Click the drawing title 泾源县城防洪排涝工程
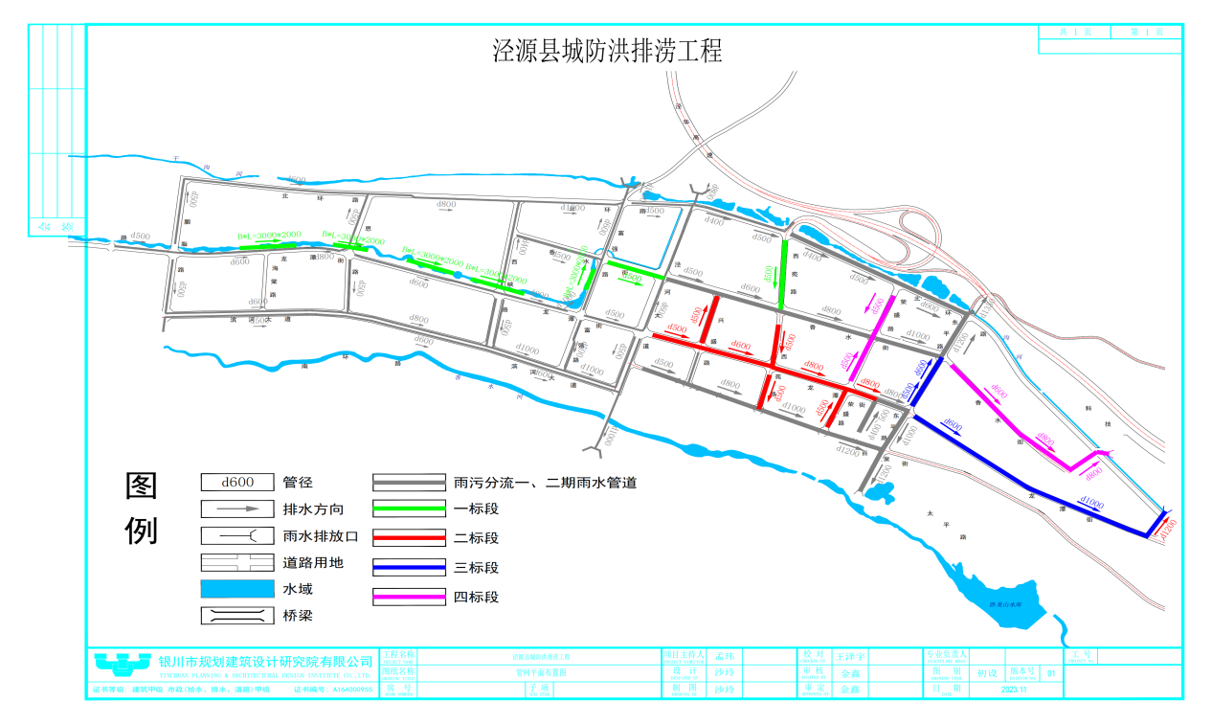pos(607,51)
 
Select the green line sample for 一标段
pos(409,508)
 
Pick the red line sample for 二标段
pos(409,538)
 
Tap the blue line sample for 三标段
pos(409,568)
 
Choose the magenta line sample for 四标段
pos(409,598)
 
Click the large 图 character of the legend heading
pos(142,487)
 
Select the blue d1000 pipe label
pos(1090,502)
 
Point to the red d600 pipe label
pos(740,345)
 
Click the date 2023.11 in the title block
pos(1013,689)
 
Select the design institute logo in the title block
pos(122,662)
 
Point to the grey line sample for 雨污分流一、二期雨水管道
pos(409,482)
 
